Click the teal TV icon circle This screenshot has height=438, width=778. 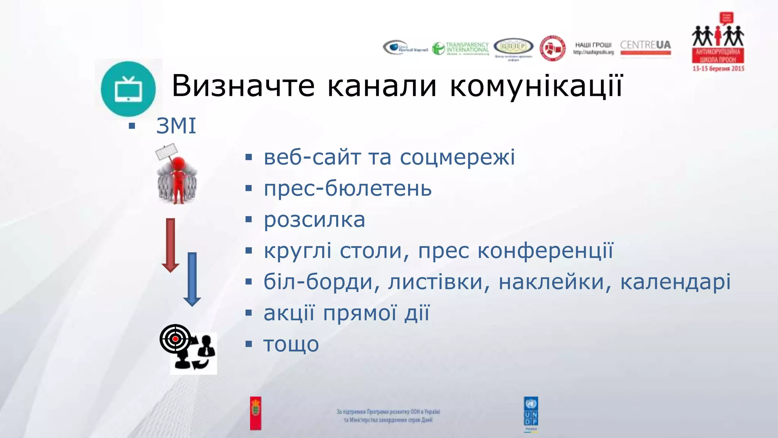tap(128, 89)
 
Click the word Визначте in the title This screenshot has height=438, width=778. tap(243, 86)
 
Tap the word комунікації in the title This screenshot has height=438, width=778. tap(536, 86)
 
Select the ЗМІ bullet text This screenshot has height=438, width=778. tap(176, 126)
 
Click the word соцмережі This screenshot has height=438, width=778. tap(457, 157)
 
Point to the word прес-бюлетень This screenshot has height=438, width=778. tap(348, 189)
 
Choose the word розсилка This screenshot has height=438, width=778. tap(314, 220)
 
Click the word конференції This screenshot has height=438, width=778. tap(545, 251)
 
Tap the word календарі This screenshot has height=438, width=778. tap(675, 282)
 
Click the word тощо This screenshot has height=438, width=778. tap(291, 344)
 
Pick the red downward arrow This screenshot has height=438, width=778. tap(171, 245)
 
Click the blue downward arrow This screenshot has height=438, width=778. tap(192, 279)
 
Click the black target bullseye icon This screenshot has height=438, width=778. tap(176, 338)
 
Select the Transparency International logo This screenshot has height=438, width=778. tap(460, 48)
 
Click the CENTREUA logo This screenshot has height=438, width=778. tap(645, 47)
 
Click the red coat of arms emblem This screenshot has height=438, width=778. tap(256, 413)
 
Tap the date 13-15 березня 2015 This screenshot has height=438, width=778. tap(718, 69)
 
